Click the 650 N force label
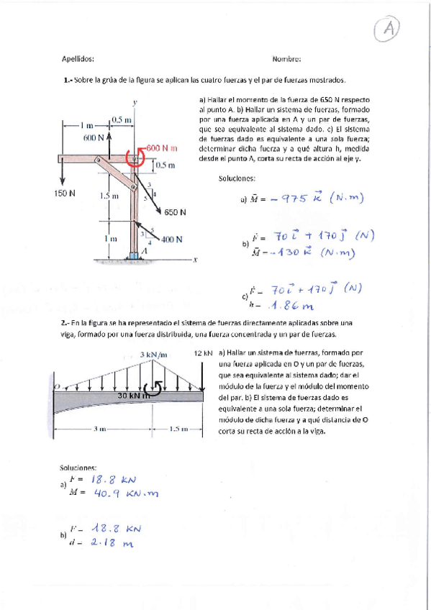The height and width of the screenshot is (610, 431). tap(175, 212)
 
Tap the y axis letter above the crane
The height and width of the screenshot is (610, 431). tap(135, 102)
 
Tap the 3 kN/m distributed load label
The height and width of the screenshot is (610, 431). tap(153, 354)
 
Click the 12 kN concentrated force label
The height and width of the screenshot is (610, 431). tap(204, 353)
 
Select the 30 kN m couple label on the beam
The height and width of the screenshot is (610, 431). tap(133, 395)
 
